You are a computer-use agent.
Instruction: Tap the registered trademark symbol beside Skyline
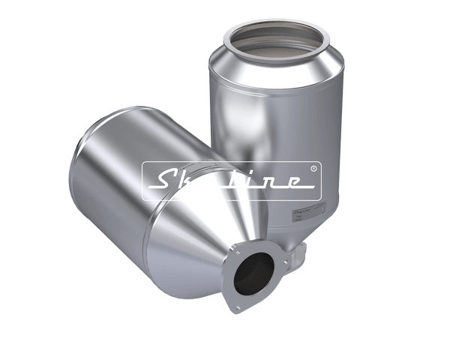(x=313, y=169)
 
